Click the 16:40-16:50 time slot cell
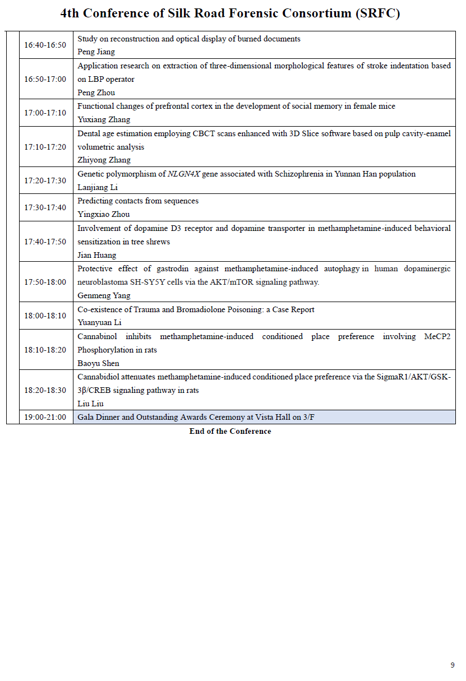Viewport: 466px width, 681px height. point(45,45)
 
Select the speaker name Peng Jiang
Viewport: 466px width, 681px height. point(96,52)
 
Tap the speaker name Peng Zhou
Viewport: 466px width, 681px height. point(96,92)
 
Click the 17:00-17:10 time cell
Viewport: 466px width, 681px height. point(45,113)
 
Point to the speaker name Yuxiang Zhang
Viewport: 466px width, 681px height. point(104,119)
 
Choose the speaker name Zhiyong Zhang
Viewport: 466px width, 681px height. point(104,160)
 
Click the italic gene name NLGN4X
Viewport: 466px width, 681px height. point(184,174)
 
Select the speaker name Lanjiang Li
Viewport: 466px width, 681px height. point(98,187)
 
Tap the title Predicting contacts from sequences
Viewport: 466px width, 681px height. point(138,201)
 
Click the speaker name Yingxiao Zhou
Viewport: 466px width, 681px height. point(104,214)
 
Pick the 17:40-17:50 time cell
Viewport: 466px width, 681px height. point(45,242)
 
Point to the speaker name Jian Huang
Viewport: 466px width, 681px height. point(97,255)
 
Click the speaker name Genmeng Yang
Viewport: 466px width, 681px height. point(104,295)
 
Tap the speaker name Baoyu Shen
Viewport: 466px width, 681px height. point(98,363)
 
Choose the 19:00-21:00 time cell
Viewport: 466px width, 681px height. point(45,417)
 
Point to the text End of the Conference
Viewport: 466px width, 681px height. point(230,431)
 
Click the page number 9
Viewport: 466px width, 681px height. point(453,665)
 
